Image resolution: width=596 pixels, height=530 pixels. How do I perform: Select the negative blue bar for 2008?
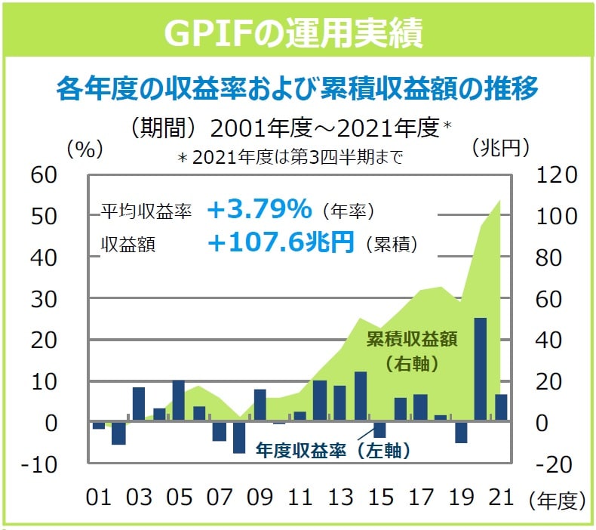pos(239,438)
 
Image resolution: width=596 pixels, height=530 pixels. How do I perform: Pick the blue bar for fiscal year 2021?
pos(501,408)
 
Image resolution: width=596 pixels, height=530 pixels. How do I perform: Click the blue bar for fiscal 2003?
pos(139,405)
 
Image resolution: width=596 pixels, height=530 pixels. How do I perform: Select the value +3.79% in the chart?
pos(258,209)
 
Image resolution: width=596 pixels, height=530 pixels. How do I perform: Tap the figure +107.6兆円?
pos(280,242)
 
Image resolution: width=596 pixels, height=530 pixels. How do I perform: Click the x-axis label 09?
pos(260,498)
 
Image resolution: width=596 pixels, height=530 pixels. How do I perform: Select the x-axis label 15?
pos(382,498)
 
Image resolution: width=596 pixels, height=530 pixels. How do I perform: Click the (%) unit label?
pos(84,148)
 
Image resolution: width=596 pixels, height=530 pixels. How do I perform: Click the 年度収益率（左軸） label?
pos(332,451)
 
